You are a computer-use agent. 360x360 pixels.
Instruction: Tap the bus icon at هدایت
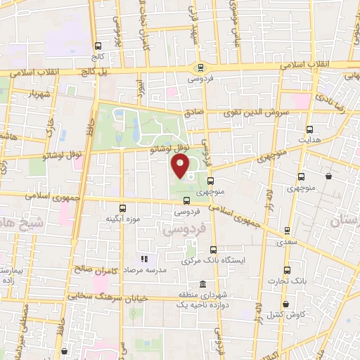coord(310,129)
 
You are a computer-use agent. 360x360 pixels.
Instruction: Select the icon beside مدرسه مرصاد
coord(144,259)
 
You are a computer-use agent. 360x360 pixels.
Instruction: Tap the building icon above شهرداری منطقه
coord(202,285)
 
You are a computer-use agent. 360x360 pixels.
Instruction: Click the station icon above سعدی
coord(287,230)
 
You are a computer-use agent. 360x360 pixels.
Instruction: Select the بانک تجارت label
coord(287,281)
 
